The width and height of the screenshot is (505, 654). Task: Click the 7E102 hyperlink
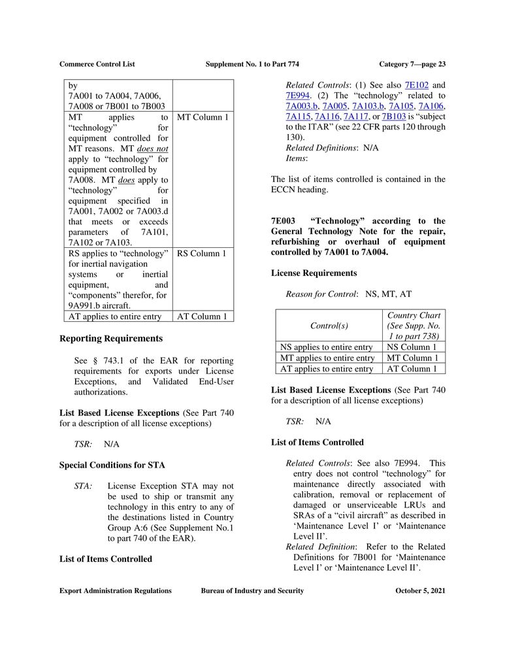(x=416, y=85)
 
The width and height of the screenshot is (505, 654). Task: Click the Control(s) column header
(x=329, y=325)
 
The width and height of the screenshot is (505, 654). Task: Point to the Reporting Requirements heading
(x=111, y=339)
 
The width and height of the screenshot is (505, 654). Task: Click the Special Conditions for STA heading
(x=112, y=465)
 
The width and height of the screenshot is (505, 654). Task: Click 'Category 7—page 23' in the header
(x=412, y=64)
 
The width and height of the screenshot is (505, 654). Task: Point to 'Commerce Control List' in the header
(x=97, y=64)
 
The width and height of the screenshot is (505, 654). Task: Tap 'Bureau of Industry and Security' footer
(x=252, y=591)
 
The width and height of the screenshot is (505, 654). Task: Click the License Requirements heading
(x=314, y=273)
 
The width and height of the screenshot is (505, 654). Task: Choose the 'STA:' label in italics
(x=83, y=486)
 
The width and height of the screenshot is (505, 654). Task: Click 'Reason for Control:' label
(x=321, y=294)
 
